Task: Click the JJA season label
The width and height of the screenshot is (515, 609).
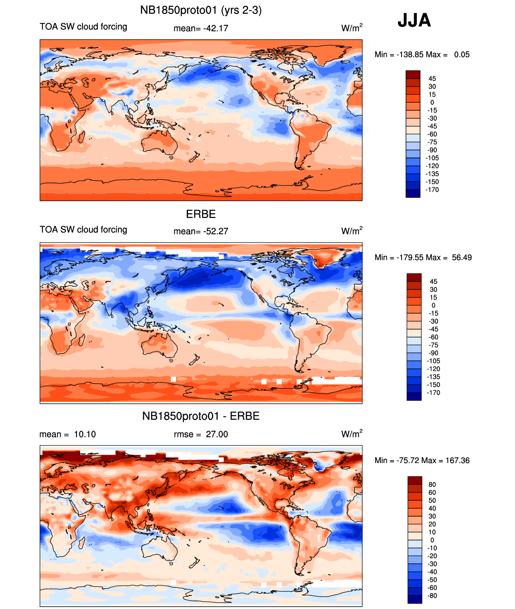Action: coord(414,20)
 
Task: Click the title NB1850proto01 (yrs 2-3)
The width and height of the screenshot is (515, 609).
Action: coord(201,10)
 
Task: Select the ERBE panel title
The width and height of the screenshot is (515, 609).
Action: coord(201,214)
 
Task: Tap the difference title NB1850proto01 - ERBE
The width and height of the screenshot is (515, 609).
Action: coord(201,416)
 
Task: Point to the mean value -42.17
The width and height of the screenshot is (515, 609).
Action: coord(216,28)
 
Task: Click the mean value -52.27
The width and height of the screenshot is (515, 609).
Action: coord(216,231)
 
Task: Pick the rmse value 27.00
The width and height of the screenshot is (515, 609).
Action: coord(217,434)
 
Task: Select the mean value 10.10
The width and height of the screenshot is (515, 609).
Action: coord(85,434)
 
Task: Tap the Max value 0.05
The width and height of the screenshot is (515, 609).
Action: coord(462,55)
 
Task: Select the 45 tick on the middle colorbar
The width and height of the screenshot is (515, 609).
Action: coord(433,281)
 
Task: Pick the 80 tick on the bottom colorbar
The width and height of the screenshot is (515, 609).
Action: coord(432,484)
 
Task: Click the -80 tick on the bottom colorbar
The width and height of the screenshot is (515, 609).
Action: coord(432,595)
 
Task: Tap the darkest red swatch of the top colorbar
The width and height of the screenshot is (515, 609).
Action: coord(413,74)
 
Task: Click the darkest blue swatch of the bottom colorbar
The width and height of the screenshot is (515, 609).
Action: coord(415,599)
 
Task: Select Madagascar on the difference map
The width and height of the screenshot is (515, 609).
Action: coord(82,542)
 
